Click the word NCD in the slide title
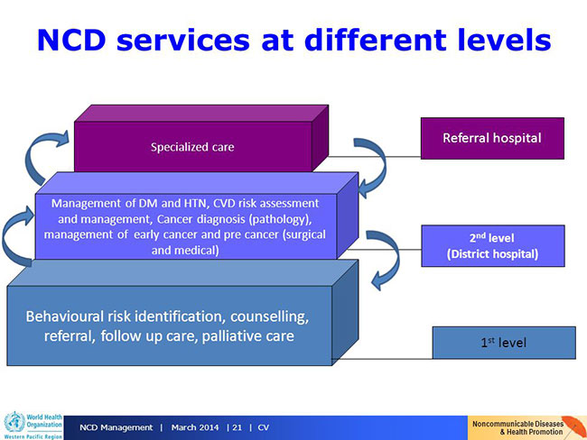71,40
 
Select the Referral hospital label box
492,138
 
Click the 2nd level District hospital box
493,245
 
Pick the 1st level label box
504,343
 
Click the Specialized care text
192,147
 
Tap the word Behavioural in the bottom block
65,316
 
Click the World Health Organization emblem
14,423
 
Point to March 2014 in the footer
195,427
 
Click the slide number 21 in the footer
237,427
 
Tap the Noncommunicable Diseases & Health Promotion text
517,427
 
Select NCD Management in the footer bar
116,427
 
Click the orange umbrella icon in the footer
573,426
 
